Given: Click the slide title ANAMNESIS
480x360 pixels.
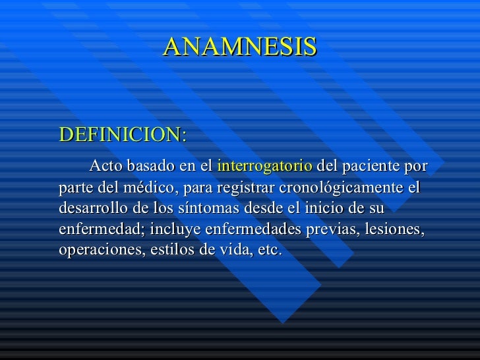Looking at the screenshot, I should click(x=240, y=47).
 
